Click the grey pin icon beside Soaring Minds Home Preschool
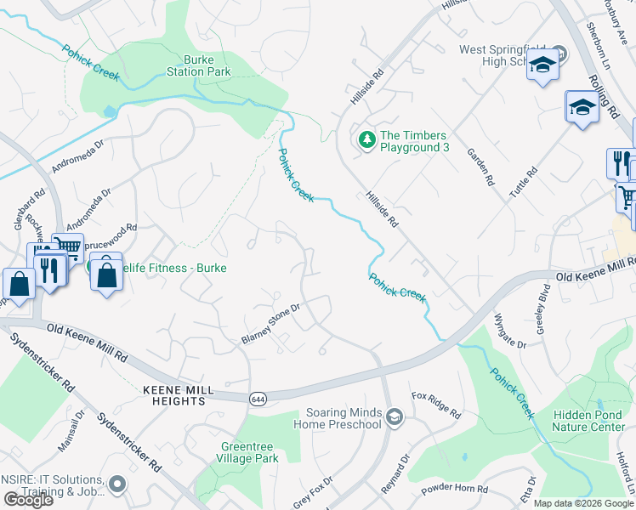click(394, 416)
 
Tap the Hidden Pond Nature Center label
click(589, 420)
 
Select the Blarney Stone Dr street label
click(271, 325)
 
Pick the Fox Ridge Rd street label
click(435, 405)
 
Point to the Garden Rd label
click(480, 167)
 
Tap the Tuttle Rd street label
click(523, 184)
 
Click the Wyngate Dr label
click(510, 331)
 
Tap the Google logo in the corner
click(28, 500)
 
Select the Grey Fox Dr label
click(313, 490)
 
